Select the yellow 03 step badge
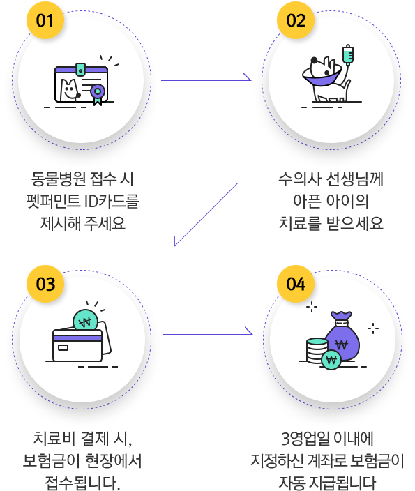pos(45,284)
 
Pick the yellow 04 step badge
pos(296,284)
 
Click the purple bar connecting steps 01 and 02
pos(206,76)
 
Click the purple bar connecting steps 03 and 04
pos(207,330)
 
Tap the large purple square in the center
pos(206,214)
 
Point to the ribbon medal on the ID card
pos(97,93)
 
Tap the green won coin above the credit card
pos(85,322)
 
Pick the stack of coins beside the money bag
pos(317,349)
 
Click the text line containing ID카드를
pos(82,202)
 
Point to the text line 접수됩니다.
pos(82,481)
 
